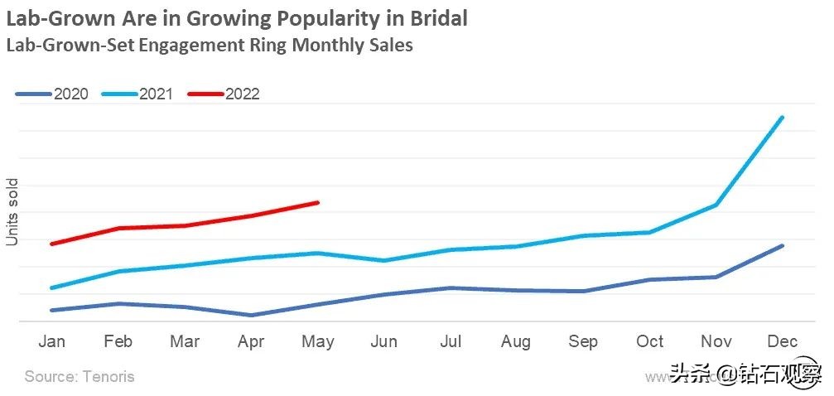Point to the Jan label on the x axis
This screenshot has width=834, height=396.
coord(52,341)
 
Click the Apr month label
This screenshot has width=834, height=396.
coord(251,341)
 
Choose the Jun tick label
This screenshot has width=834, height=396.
coord(383,341)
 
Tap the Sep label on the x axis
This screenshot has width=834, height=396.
coord(583,341)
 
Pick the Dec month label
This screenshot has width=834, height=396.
coord(782,341)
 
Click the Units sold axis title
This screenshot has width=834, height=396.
coord(12,212)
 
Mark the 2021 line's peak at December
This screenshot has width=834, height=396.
coord(782,118)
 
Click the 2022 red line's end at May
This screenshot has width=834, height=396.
coord(317,202)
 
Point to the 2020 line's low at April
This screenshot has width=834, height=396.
coord(251,315)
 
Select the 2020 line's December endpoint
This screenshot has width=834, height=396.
coord(782,246)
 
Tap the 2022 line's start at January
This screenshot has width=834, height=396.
coord(52,244)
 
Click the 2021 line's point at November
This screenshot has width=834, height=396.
coord(716,205)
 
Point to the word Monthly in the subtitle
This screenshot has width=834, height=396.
coord(318,45)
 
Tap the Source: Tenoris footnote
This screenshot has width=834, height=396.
coord(80,377)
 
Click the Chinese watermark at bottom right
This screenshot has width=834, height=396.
coord(745,375)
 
